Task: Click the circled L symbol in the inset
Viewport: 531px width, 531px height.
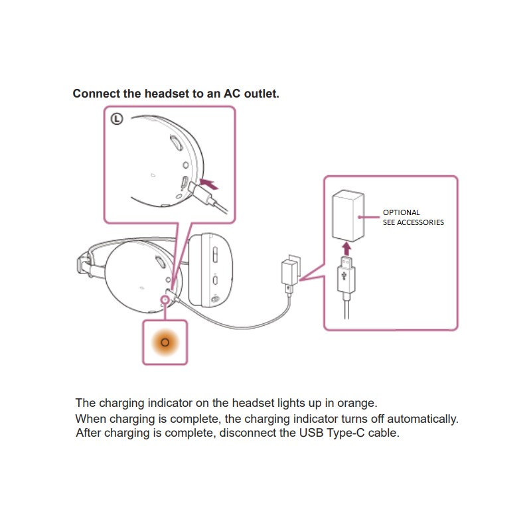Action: pos(117,119)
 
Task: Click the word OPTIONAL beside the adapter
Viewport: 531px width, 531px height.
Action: pos(402,213)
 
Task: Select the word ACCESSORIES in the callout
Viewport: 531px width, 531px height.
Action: pos(421,222)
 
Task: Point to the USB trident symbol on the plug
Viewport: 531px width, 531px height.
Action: pos(346,272)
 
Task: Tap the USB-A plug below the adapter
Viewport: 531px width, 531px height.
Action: pos(346,277)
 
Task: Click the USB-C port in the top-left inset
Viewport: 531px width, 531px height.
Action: pos(184,183)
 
